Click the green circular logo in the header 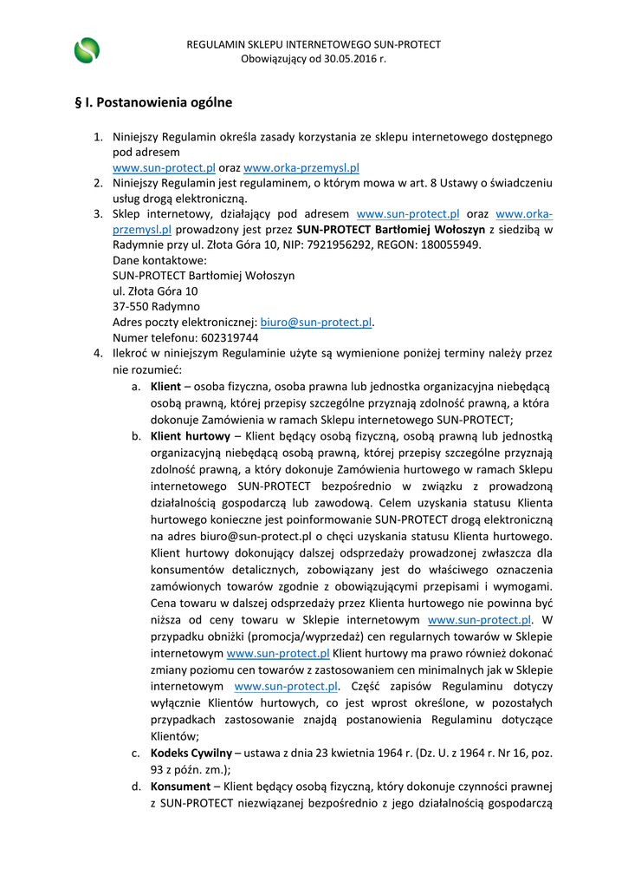tap(87, 51)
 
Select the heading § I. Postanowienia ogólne tap(153, 102)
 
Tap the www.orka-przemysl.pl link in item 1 tap(301, 168)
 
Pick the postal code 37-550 tap(131, 306)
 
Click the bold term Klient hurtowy tap(190, 436)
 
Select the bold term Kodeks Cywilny tap(190, 754)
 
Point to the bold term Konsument tap(180, 787)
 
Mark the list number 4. tap(98, 354)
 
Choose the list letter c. tap(136, 754)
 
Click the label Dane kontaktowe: tap(159, 260)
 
